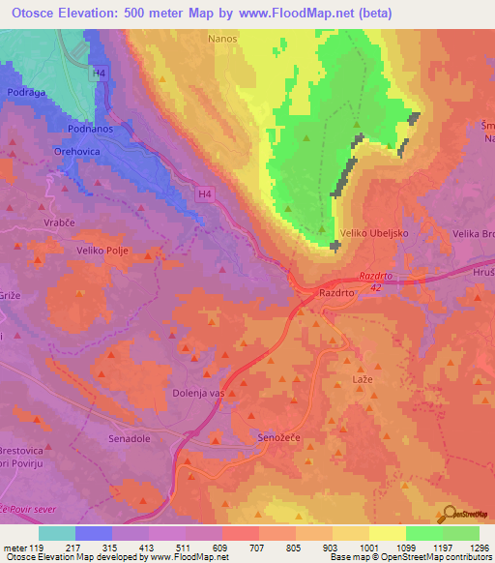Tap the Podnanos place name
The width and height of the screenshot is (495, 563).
93,128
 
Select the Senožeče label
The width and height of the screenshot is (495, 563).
281,437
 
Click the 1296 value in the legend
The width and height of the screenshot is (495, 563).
478,547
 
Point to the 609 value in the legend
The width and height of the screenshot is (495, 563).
218,547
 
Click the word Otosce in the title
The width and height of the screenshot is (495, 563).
30,13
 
